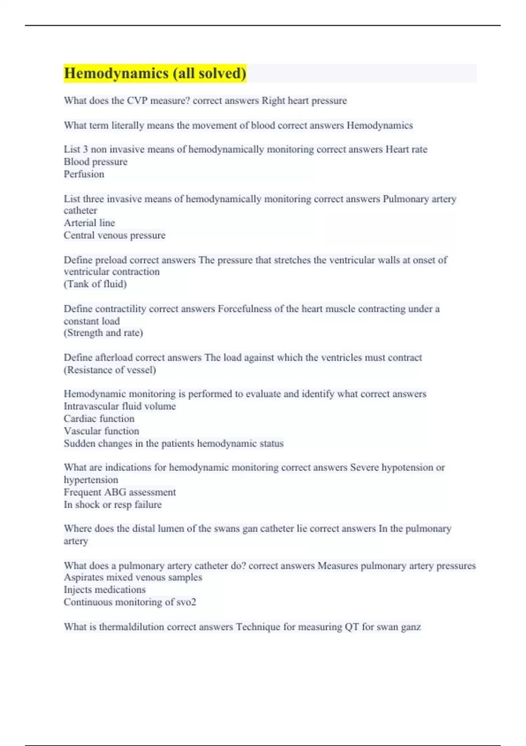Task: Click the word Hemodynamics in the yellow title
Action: (x=117, y=73)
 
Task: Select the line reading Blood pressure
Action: (x=96, y=162)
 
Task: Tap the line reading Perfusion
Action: (x=84, y=174)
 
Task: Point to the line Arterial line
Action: (x=89, y=223)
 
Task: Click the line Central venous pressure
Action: (x=114, y=235)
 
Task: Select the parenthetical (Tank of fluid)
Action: (x=95, y=284)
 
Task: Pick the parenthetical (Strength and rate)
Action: (x=103, y=333)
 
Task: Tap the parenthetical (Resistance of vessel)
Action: (x=110, y=370)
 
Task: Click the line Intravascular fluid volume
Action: (x=120, y=406)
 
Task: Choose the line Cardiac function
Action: (x=99, y=419)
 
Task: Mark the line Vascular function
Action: (x=101, y=431)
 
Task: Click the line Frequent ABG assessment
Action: (x=120, y=492)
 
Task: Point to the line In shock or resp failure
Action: (x=113, y=505)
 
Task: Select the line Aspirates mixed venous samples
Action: (x=133, y=577)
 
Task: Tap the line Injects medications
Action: (x=105, y=590)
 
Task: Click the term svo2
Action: (x=186, y=602)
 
